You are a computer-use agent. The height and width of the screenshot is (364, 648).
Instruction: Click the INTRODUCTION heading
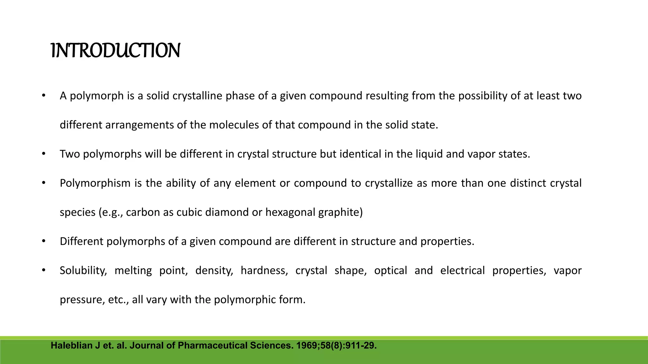115,51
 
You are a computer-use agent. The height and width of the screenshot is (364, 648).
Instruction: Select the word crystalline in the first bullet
197,96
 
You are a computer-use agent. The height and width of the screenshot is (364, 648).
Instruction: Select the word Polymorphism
95,183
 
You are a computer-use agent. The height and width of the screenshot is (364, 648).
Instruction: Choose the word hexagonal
290,212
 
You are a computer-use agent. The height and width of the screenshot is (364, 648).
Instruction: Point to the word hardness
264,270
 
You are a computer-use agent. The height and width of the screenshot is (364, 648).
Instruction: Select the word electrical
462,270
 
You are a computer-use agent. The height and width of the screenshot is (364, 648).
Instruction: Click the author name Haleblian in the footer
72,346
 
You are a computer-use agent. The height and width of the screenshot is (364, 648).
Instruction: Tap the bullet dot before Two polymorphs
44,154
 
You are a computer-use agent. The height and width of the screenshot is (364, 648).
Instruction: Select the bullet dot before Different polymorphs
44,241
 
